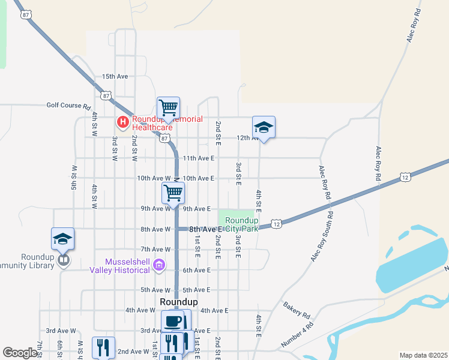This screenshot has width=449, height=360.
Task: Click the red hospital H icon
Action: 123,123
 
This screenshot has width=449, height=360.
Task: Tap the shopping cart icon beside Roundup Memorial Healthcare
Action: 169,109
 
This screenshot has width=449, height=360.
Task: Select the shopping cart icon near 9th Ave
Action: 173,194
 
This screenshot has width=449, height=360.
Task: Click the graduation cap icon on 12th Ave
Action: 264,127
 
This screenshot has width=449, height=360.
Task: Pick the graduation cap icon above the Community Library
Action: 63,239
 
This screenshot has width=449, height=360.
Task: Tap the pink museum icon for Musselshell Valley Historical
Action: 159,265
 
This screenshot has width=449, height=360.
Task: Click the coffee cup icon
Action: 173,321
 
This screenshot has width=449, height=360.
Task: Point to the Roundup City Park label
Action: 242,224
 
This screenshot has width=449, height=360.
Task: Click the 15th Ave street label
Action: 115,77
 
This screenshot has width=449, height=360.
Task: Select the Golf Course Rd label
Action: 68,105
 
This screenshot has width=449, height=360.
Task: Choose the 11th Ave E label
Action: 199,158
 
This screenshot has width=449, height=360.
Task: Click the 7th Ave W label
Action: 155,249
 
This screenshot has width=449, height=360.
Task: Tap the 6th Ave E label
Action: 196,270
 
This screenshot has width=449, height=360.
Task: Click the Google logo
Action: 20,353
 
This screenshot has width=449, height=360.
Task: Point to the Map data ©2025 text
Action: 424,355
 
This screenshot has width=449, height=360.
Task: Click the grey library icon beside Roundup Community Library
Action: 63,260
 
